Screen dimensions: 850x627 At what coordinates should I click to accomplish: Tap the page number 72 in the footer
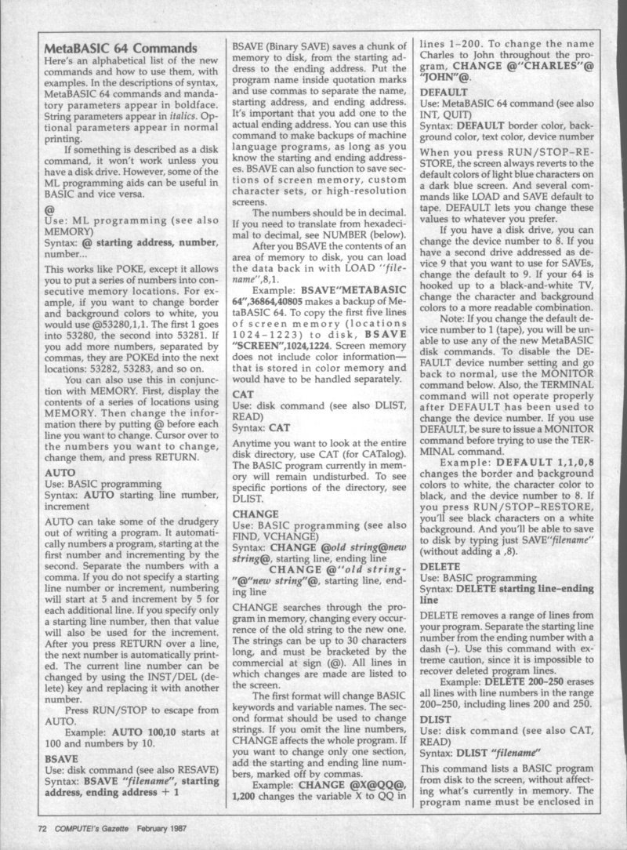coord(46,826)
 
